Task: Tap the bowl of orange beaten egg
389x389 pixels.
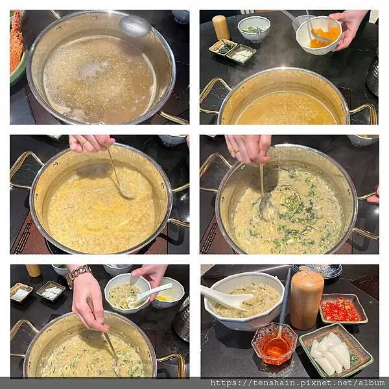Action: point(319,36)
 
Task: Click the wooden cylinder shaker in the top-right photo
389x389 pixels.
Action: point(221,27)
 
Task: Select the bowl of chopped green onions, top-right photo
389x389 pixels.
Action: point(253,29)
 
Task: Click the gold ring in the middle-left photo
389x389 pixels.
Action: point(84,142)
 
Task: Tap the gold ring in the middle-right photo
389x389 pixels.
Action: point(235,151)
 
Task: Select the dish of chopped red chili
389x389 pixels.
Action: point(344,309)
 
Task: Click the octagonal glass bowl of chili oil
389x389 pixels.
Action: point(274,344)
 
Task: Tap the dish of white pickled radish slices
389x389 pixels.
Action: point(336,350)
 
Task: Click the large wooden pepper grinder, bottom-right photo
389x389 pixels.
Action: point(307,300)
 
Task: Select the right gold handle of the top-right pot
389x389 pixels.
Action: point(364,113)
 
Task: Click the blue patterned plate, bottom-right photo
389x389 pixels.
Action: point(318,271)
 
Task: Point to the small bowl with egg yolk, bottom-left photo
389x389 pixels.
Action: point(169,293)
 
